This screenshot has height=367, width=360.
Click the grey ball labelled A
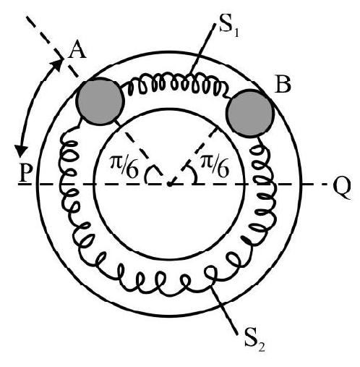coord(100,101)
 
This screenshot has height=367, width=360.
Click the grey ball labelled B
coord(250,114)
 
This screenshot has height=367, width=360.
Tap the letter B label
coord(283,85)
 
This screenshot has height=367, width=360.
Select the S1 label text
coord(229,29)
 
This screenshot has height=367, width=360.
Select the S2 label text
coord(254,343)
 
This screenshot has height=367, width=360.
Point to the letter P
coord(26,174)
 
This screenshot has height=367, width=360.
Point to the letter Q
coord(342,189)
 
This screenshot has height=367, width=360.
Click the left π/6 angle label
coord(124,167)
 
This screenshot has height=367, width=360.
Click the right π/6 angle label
coord(214,166)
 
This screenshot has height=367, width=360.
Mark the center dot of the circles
coord(169,185)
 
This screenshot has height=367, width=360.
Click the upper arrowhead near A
coord(57,64)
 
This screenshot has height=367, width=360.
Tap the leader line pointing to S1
coord(202,48)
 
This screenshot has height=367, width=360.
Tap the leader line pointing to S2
coord(224,310)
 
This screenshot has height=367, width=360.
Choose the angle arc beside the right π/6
coord(193,172)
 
